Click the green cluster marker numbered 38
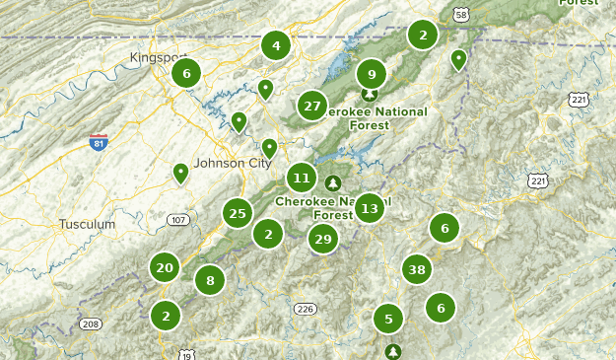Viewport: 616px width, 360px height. [416, 269]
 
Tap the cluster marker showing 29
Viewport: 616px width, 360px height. [322, 239]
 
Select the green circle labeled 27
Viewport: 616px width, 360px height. [312, 106]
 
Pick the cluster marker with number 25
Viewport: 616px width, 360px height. [237, 212]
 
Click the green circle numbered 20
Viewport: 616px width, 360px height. [165, 267]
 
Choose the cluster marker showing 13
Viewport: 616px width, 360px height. [369, 208]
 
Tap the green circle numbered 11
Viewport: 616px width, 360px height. [302, 179]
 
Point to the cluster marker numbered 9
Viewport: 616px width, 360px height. [372, 73]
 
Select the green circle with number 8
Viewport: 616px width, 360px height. [210, 281]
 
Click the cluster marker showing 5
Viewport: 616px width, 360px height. [388, 319]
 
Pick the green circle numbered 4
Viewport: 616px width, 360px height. [276, 45]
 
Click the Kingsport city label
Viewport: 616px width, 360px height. [158, 58]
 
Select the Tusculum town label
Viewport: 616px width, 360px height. [87, 225]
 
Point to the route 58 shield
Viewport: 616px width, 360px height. [461, 14]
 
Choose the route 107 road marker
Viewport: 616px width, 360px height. [177, 219]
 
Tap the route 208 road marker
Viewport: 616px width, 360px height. [91, 324]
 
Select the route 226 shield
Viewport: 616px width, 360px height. [306, 309]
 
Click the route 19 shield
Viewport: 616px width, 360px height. [185, 353]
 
